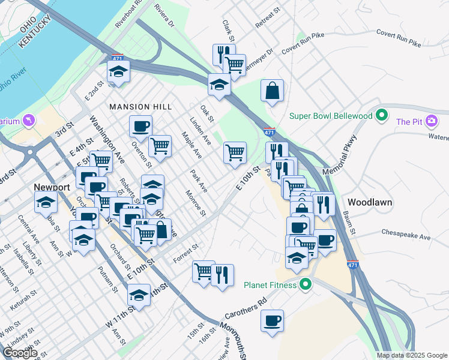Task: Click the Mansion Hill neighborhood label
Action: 140,106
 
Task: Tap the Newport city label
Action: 52,187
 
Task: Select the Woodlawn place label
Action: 370,202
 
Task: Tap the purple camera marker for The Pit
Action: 431,122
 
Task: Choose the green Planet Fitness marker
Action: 306,284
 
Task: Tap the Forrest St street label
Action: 185,253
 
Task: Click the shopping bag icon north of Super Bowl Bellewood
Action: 272,91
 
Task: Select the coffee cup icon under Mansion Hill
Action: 140,126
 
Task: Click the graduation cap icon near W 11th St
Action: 139,296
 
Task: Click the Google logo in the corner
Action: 20,353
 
